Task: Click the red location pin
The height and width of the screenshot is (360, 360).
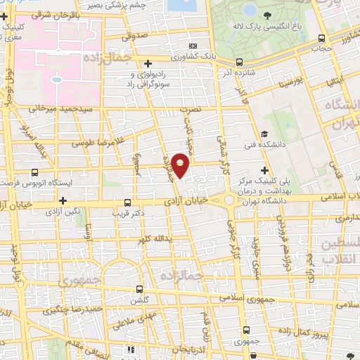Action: [x=181, y=165]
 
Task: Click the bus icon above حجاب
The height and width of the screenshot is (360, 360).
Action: [x=321, y=39]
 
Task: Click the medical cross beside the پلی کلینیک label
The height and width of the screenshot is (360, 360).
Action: [x=264, y=169]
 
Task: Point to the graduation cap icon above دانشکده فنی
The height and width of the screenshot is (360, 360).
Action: [x=264, y=134]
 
